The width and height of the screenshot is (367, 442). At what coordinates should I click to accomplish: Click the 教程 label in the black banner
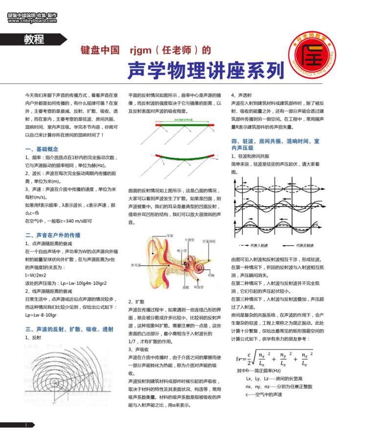coord(34,40)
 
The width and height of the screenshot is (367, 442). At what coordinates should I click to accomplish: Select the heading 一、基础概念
coord(42,149)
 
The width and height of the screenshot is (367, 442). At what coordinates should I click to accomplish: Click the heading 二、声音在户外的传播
coord(52,235)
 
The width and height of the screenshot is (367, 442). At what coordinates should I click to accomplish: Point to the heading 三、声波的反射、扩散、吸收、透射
coord(69,329)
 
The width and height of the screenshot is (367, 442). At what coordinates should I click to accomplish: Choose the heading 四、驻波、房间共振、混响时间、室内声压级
coord(275,144)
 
